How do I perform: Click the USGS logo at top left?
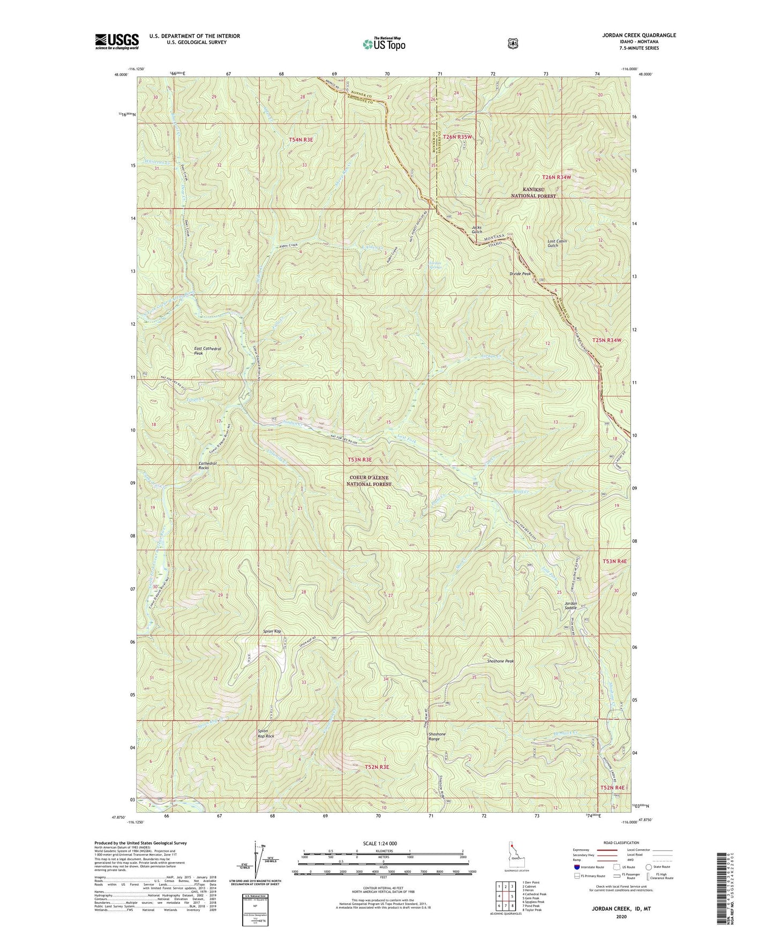117,41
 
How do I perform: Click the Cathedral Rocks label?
211,465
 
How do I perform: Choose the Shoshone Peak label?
500,661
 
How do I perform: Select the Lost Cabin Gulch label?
557,243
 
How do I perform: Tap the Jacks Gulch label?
477,229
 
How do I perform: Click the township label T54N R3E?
300,139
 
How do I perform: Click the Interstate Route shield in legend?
577,867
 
